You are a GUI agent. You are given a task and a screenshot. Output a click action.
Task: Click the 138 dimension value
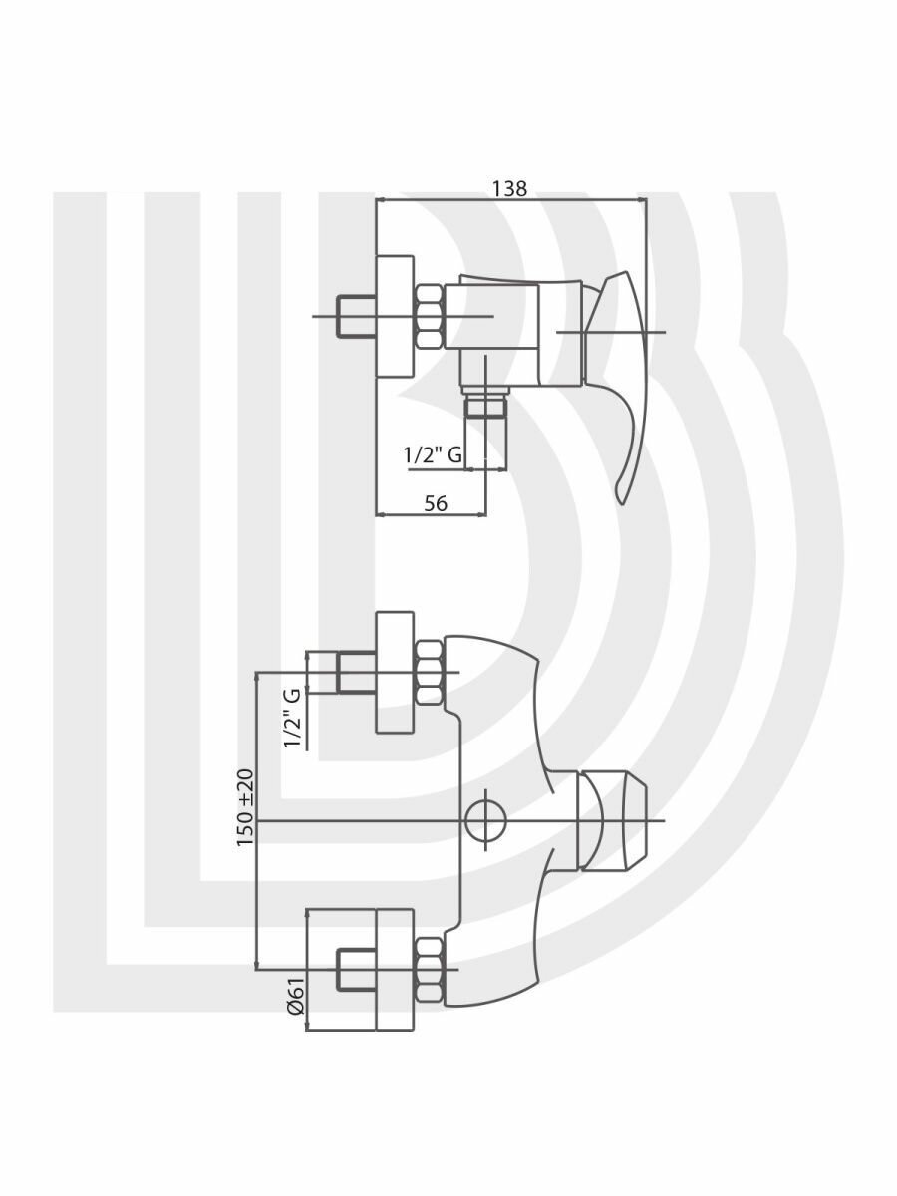[509, 189]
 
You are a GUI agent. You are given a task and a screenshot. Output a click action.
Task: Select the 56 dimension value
[436, 503]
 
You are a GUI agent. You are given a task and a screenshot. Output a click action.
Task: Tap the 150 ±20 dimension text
[246, 808]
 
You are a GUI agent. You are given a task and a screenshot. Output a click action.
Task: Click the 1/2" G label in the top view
[433, 455]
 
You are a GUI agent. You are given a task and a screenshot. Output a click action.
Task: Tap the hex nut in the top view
[429, 317]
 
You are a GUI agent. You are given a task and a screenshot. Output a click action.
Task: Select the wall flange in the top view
[394, 316]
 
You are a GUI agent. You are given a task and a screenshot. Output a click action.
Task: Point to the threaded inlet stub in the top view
[357, 316]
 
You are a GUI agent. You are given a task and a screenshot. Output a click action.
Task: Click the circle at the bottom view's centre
[485, 821]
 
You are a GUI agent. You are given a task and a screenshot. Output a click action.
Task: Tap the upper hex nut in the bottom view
[430, 673]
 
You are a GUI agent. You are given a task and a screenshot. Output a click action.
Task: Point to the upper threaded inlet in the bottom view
[356, 673]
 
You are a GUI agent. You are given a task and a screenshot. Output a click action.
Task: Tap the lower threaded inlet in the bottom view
[356, 970]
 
